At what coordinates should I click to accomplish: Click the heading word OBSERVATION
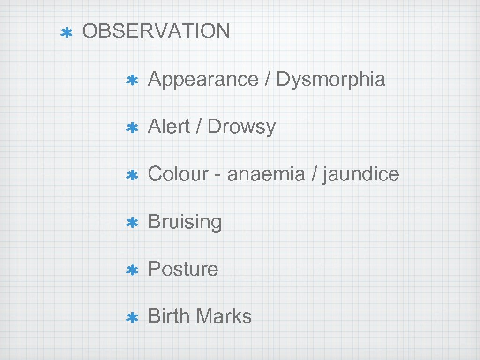click(156, 31)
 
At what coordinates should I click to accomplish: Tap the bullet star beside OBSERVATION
click(67, 33)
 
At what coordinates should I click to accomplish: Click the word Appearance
click(203, 80)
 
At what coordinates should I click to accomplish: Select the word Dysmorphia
click(330, 79)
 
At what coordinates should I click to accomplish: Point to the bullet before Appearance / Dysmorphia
click(132, 81)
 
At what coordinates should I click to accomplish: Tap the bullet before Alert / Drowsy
click(132, 128)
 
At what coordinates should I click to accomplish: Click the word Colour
click(178, 174)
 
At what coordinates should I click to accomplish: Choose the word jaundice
click(361, 174)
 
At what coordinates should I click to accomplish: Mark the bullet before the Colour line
click(132, 175)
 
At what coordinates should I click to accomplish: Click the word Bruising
click(185, 222)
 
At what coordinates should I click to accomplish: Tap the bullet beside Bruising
click(132, 223)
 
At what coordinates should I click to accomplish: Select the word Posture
click(183, 269)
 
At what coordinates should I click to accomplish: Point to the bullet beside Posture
click(132, 270)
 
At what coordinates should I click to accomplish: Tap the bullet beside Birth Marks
click(132, 317)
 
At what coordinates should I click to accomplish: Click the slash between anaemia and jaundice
click(313, 174)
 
